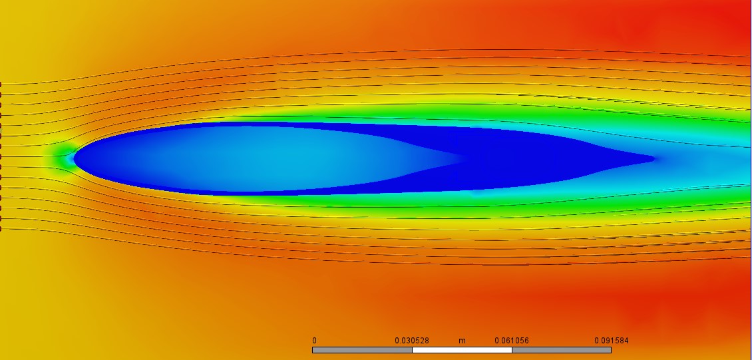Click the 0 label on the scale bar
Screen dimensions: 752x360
click(x=314, y=341)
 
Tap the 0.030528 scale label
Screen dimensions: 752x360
click(x=412, y=341)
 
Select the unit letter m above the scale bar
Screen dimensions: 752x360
click(x=462, y=341)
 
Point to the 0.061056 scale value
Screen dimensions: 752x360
click(x=512, y=341)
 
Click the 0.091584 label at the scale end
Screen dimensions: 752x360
click(x=612, y=341)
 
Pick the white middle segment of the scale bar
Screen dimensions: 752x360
click(x=462, y=350)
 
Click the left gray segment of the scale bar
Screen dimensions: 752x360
click(x=362, y=350)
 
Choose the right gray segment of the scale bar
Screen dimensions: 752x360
click(x=562, y=350)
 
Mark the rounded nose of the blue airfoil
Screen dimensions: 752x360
click(x=75, y=157)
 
